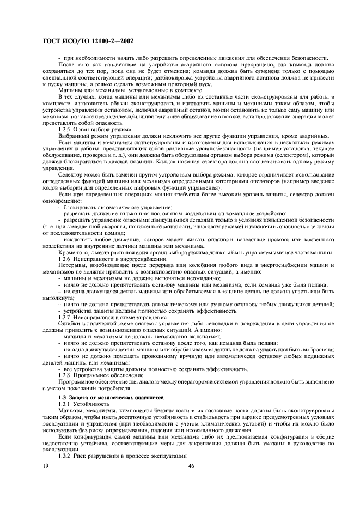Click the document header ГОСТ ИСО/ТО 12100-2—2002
88,40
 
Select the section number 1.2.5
65,130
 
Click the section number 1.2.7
65,316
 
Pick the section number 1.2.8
65,375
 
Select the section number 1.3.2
65,455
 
